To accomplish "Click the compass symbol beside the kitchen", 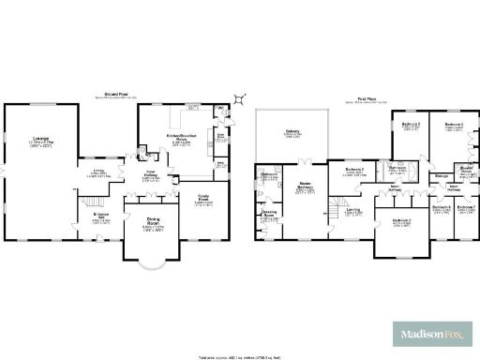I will point(241,97).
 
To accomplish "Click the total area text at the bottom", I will point(240,356).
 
